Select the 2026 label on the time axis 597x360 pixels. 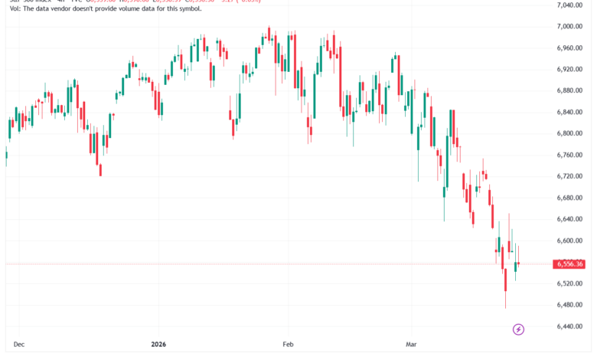158,345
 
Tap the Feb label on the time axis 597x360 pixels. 287,345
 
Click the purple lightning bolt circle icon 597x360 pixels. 518,329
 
